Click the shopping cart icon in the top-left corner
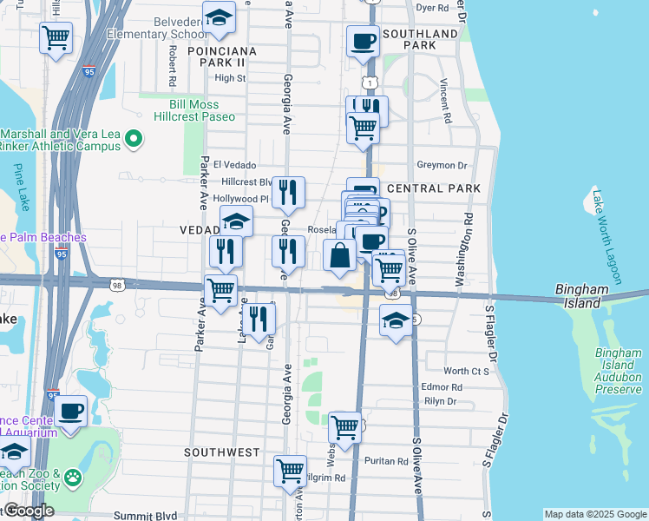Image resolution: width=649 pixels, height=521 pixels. (x=56, y=38)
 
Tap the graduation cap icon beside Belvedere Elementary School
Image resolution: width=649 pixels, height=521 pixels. (x=220, y=18)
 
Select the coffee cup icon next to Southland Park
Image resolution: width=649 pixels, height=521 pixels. (x=363, y=41)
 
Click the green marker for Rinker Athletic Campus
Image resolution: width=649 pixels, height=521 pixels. (x=134, y=138)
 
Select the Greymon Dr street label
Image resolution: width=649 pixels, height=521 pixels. (x=442, y=165)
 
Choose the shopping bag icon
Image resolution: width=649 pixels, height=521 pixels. (x=339, y=256)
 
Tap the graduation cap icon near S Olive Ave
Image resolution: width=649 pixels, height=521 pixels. (x=396, y=321)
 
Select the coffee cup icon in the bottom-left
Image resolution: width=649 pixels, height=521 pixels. (x=71, y=410)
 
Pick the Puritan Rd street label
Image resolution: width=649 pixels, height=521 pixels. (x=386, y=461)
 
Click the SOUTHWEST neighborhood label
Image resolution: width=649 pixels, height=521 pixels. (x=222, y=452)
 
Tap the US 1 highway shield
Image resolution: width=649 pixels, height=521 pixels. (x=370, y=82)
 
